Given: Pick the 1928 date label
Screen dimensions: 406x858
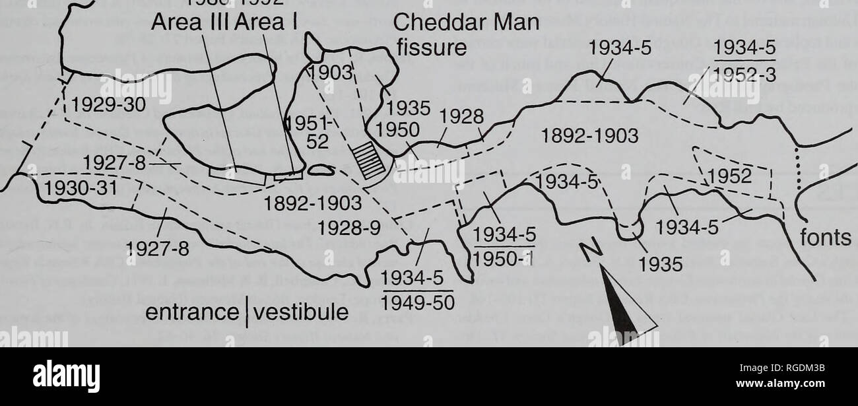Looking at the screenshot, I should [462, 116].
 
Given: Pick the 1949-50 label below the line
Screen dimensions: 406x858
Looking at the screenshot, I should [418, 302].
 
